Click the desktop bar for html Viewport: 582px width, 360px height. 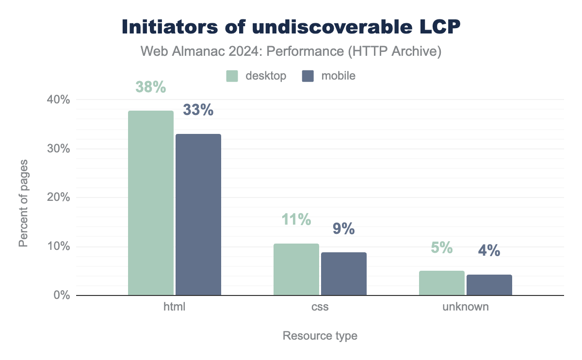[151, 203]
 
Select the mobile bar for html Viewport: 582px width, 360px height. [198, 214]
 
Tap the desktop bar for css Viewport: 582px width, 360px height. [296, 269]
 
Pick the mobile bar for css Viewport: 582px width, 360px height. [344, 274]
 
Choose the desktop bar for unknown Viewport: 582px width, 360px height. [442, 283]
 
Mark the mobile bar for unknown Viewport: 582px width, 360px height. [489, 285]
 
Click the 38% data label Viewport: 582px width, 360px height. [151, 87]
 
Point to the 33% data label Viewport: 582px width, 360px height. [198, 110]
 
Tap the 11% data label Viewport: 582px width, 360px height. [296, 220]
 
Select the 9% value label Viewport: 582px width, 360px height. [344, 229]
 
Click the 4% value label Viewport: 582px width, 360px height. [489, 250]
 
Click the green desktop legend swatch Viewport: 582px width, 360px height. [232, 76]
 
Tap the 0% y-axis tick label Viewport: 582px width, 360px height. [62, 295]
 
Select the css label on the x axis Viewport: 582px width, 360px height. [320, 307]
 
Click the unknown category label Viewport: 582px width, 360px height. [466, 307]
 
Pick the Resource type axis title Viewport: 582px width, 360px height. [320, 336]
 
